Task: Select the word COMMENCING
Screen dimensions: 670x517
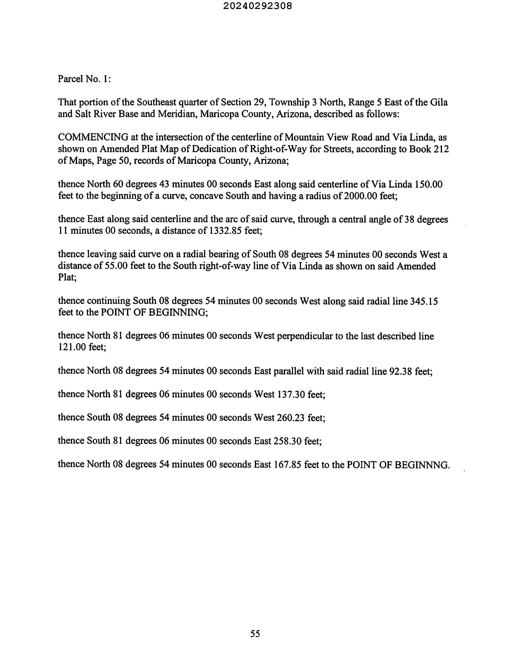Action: (93, 137)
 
